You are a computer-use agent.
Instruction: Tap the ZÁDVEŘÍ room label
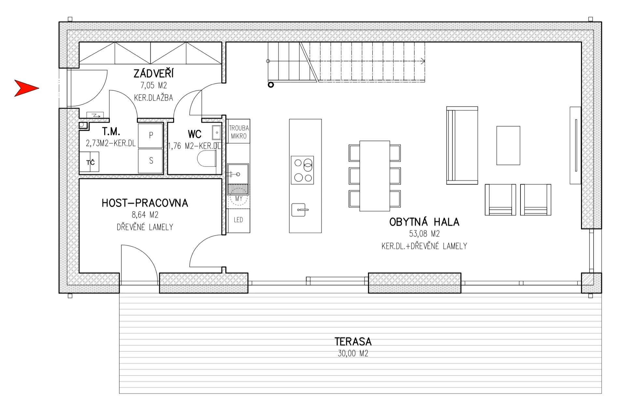click(x=153, y=74)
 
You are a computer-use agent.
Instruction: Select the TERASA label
click(x=353, y=341)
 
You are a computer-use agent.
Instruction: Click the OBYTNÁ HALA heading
click(x=424, y=222)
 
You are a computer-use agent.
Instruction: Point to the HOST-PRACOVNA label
click(x=145, y=203)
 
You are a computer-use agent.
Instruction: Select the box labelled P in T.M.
click(x=150, y=135)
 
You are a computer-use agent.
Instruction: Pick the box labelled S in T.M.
click(x=150, y=161)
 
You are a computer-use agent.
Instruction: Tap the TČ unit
click(x=89, y=162)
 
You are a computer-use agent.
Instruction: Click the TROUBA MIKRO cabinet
click(x=239, y=131)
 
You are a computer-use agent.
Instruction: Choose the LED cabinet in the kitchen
click(x=239, y=220)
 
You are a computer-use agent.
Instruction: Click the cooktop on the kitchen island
click(x=302, y=170)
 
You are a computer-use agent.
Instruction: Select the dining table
click(x=375, y=176)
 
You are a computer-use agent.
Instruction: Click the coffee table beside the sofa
click(x=508, y=145)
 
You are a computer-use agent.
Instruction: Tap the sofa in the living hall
click(x=462, y=145)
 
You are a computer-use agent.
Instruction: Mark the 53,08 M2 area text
click(x=424, y=234)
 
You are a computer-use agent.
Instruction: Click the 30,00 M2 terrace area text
click(x=353, y=353)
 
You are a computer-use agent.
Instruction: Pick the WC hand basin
click(x=216, y=132)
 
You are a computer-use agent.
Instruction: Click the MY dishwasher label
click(x=239, y=198)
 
